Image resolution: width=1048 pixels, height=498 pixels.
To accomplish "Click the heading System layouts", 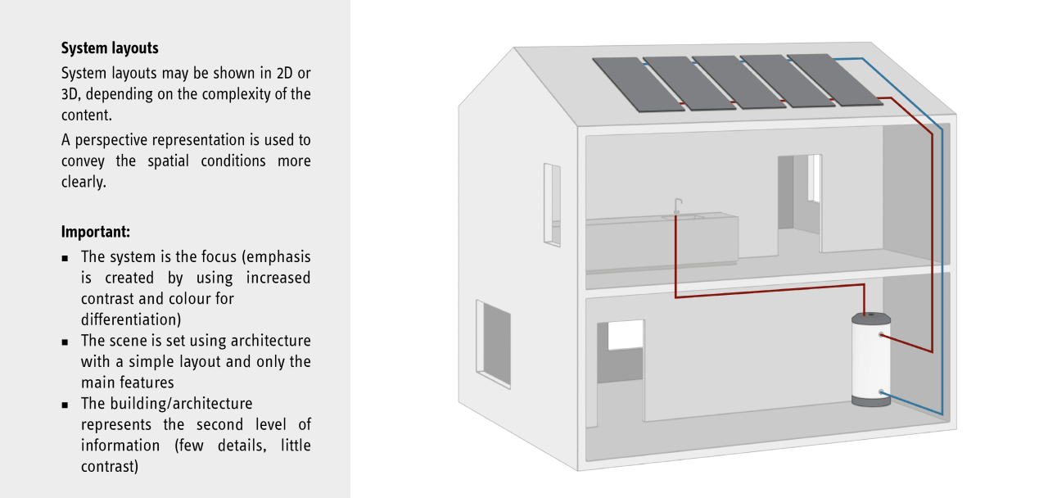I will (x=110, y=48).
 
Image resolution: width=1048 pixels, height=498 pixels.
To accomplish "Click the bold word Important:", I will (x=96, y=231).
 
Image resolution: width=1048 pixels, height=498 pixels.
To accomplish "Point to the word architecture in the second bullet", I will (x=270, y=340).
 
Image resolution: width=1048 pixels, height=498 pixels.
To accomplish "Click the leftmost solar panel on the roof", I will (x=626, y=84).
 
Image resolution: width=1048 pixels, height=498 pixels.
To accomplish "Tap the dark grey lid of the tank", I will (x=871, y=317).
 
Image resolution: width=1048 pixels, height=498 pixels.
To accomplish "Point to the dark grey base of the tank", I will (x=871, y=401).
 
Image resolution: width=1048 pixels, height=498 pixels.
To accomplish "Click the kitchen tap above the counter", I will (x=677, y=205).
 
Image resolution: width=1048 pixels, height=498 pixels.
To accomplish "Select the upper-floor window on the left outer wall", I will (x=552, y=205).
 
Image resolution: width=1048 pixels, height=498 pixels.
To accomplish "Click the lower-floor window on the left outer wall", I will (x=494, y=343).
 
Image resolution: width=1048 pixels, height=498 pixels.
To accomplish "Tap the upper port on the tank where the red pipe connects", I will (x=882, y=335).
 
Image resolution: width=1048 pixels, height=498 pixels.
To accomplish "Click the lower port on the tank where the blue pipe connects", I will (x=882, y=392).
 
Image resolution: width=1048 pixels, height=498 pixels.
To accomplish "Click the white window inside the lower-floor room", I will (x=625, y=334).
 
